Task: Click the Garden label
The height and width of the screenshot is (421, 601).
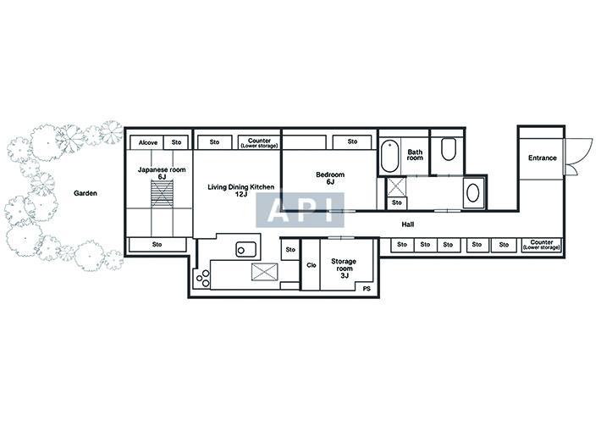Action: point(85,193)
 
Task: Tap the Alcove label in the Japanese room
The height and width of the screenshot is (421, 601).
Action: point(148,142)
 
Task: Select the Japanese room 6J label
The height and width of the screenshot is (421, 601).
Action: point(162,173)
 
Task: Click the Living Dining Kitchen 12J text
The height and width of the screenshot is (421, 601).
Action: point(240,191)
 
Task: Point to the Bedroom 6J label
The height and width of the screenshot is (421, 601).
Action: point(330,178)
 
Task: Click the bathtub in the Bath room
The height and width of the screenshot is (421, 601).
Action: point(390,157)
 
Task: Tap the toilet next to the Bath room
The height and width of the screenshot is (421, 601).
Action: point(448,149)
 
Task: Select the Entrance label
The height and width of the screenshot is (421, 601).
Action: point(542,158)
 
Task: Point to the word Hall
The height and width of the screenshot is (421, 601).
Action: point(408,224)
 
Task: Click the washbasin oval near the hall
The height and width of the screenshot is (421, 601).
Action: point(472,192)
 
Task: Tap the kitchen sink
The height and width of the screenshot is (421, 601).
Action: point(246,249)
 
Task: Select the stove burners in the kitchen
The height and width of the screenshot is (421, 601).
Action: point(202,279)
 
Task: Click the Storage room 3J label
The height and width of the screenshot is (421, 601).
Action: point(344,268)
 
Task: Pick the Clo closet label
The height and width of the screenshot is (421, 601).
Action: point(312,265)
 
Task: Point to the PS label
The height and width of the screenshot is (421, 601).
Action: point(367,289)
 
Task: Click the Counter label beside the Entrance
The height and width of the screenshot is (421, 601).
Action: point(542,245)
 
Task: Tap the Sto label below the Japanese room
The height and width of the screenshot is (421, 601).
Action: point(157,244)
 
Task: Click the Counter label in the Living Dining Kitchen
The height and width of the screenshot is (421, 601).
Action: point(259,142)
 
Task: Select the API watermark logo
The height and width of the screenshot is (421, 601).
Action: point(300,210)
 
